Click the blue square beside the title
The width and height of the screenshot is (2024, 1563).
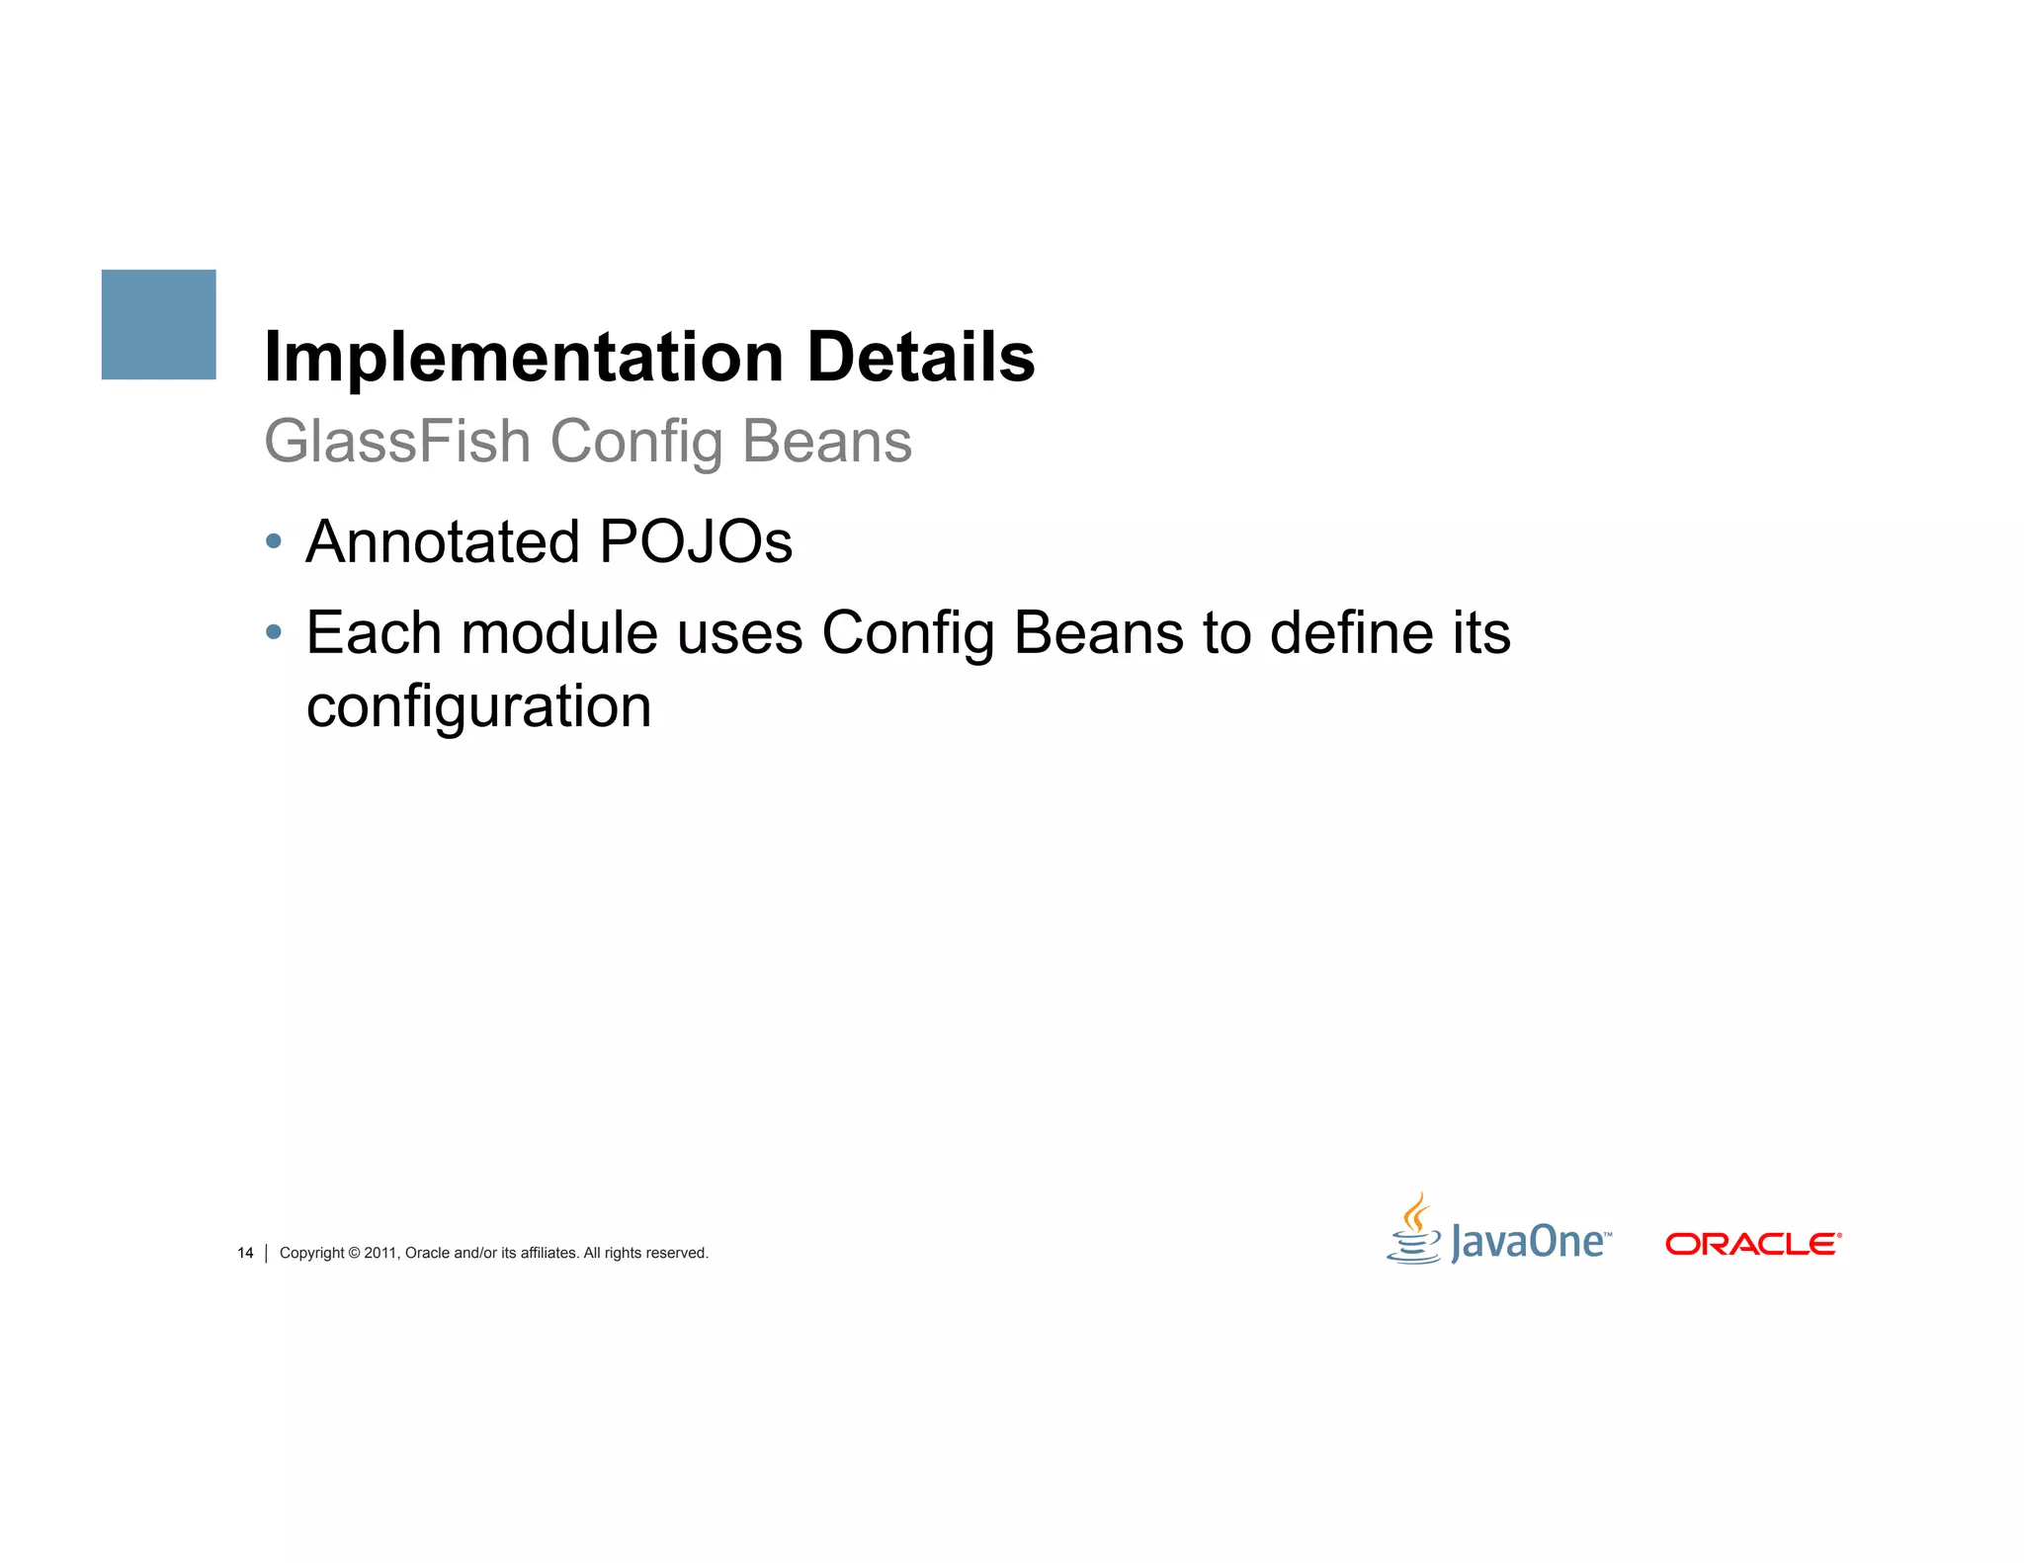(x=158, y=324)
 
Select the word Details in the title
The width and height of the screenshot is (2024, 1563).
(x=920, y=357)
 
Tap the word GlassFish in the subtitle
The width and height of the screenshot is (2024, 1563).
(x=397, y=441)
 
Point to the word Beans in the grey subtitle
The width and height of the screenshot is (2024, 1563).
(x=826, y=441)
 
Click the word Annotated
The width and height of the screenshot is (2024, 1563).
(x=443, y=541)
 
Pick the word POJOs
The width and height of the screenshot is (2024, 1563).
(x=696, y=541)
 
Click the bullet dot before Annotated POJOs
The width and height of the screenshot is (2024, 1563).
(x=274, y=541)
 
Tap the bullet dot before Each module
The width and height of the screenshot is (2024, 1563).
(x=274, y=631)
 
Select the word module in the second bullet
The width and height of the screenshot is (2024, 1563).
(x=559, y=632)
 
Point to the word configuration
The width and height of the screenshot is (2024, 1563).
(x=479, y=707)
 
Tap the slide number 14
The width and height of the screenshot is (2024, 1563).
(x=245, y=1253)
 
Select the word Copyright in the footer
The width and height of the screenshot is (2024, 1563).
(x=312, y=1253)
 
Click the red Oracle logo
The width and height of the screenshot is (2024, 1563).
(x=1753, y=1244)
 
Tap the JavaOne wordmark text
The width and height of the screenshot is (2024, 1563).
(x=1528, y=1242)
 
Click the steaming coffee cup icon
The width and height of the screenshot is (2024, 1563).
(x=1414, y=1229)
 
